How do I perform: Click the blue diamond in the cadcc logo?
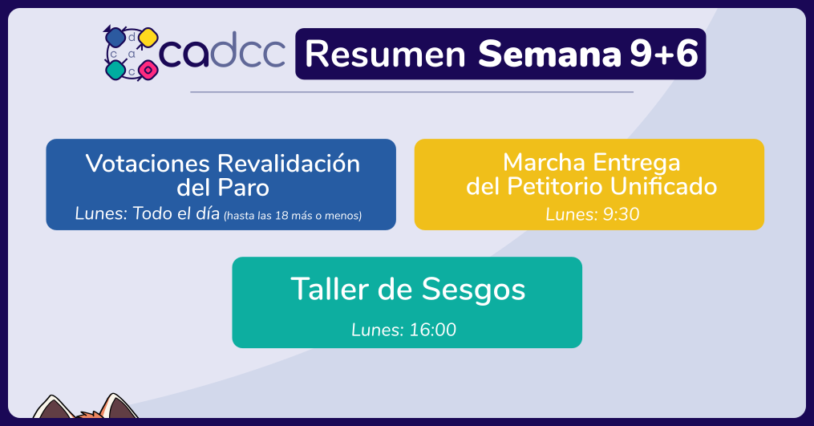tap(115, 37)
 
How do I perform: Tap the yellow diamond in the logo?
tap(148, 37)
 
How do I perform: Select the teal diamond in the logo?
tap(115, 70)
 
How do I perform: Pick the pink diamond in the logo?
tap(148, 69)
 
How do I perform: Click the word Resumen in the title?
tap(385, 54)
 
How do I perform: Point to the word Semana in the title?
tap(549, 54)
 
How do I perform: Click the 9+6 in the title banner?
tap(664, 54)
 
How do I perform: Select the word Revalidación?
tap(289, 164)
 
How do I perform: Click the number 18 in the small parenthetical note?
tap(281, 216)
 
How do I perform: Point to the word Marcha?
tap(544, 163)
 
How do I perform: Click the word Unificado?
tap(663, 186)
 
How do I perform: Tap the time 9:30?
tap(621, 214)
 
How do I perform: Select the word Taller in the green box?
tap(330, 289)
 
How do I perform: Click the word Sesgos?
tap(473, 290)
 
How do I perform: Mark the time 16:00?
tap(432, 330)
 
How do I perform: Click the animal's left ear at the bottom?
tap(51, 408)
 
